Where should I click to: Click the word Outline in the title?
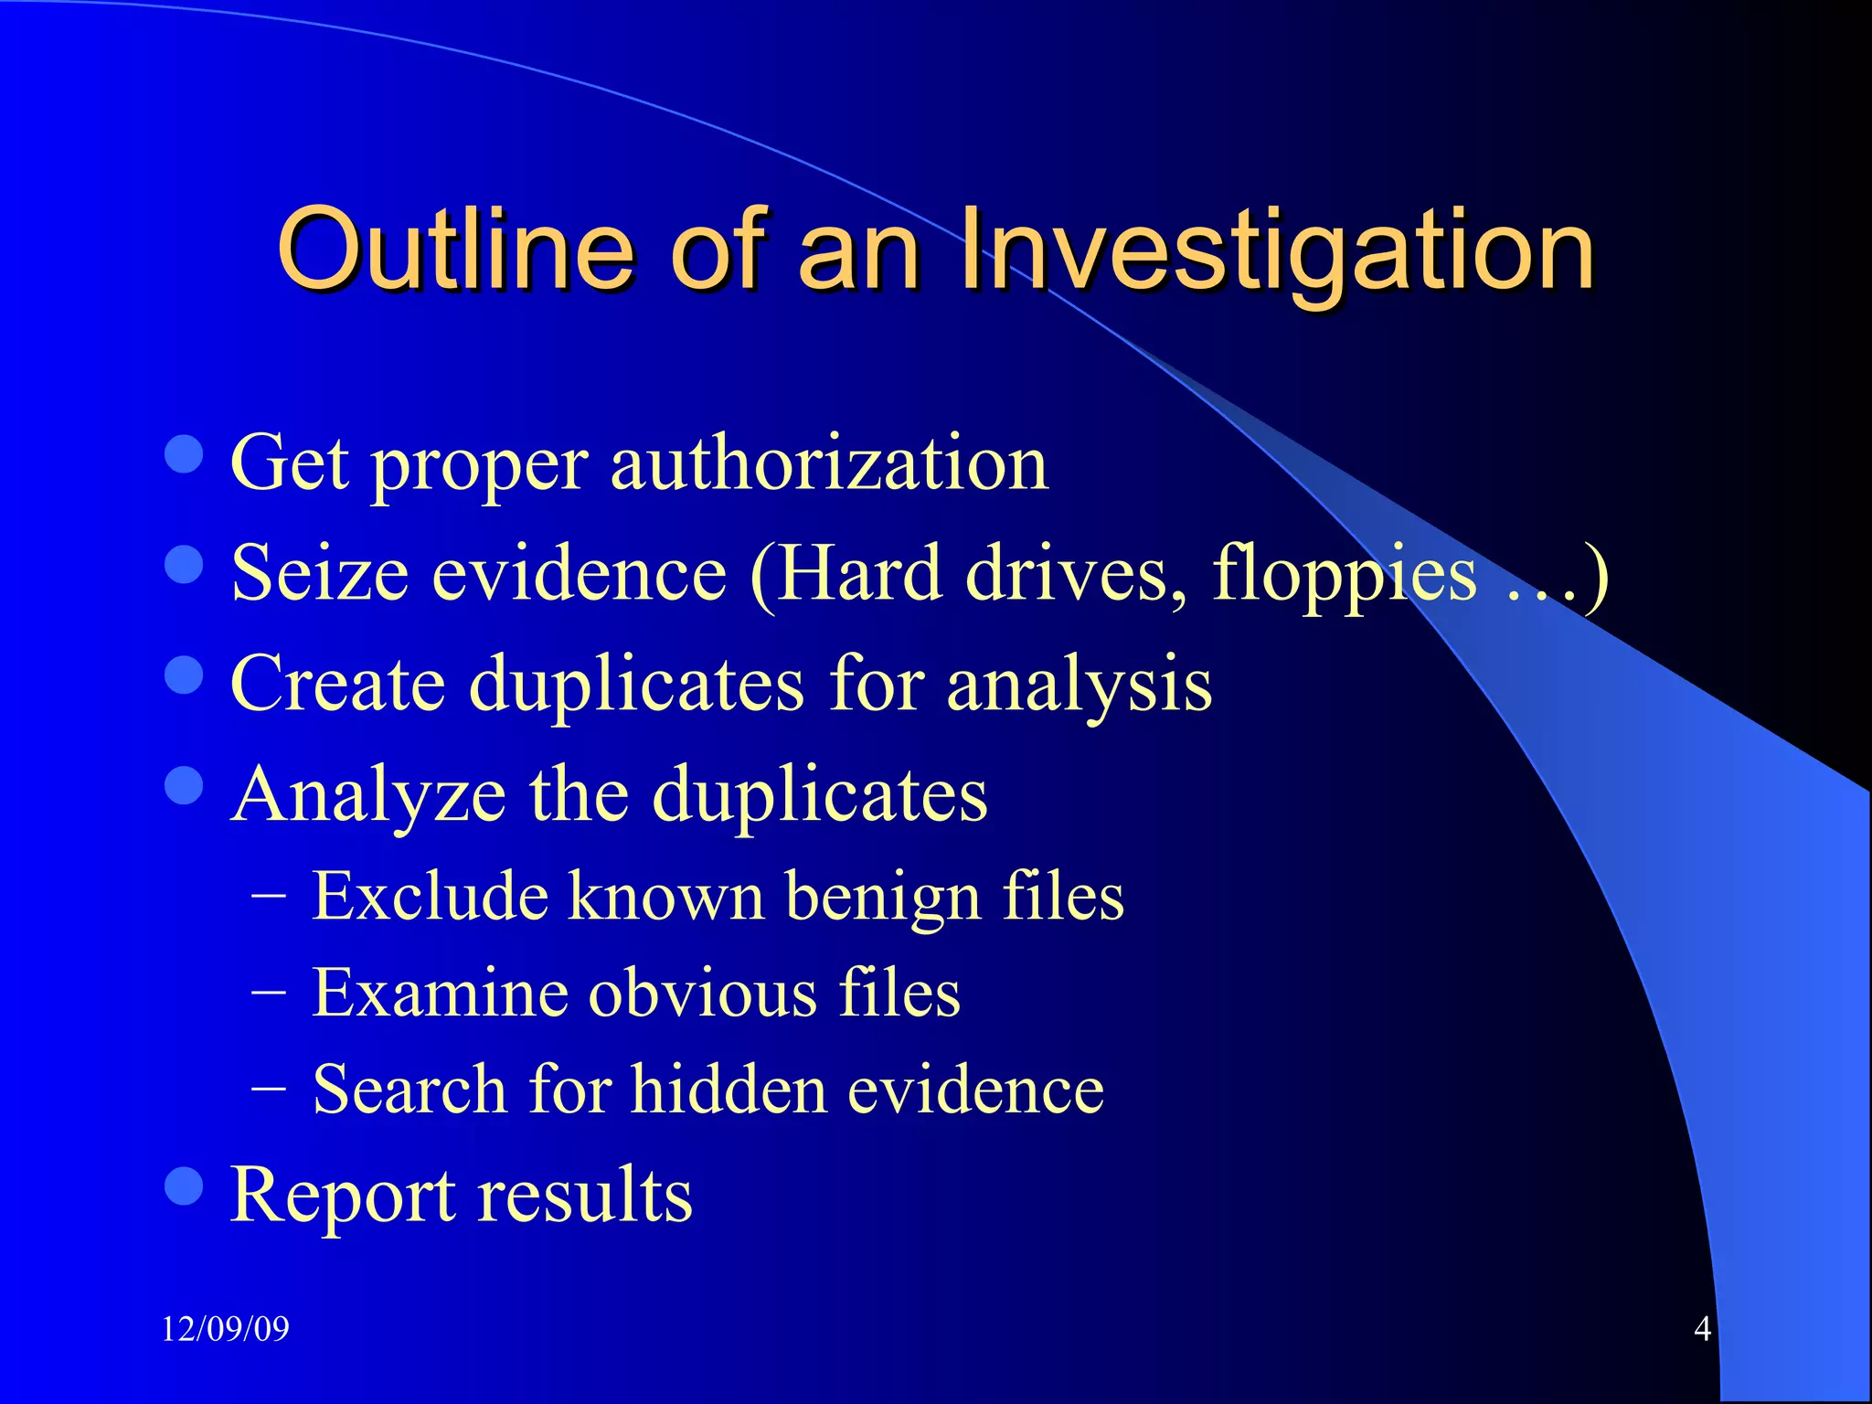(455, 249)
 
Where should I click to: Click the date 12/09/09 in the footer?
(225, 1328)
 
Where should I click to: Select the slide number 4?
(1702, 1328)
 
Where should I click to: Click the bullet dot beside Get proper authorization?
(184, 454)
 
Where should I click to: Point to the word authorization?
(829, 463)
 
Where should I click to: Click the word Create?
(338, 684)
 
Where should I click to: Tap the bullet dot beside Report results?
(184, 1186)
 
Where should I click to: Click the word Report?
(342, 1195)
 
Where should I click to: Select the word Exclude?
(430, 896)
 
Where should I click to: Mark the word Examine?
(440, 993)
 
